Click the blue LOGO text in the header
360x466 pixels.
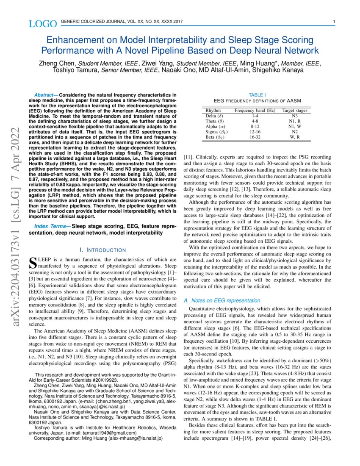pos(42,24)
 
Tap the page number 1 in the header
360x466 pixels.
pos(334,22)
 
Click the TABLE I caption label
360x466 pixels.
pos(257,95)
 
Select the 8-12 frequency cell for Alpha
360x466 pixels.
pos(255,126)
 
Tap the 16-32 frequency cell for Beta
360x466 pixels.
pos(255,137)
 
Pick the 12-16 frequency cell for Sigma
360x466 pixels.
pos(255,132)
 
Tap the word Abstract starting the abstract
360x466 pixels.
pos(46,94)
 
